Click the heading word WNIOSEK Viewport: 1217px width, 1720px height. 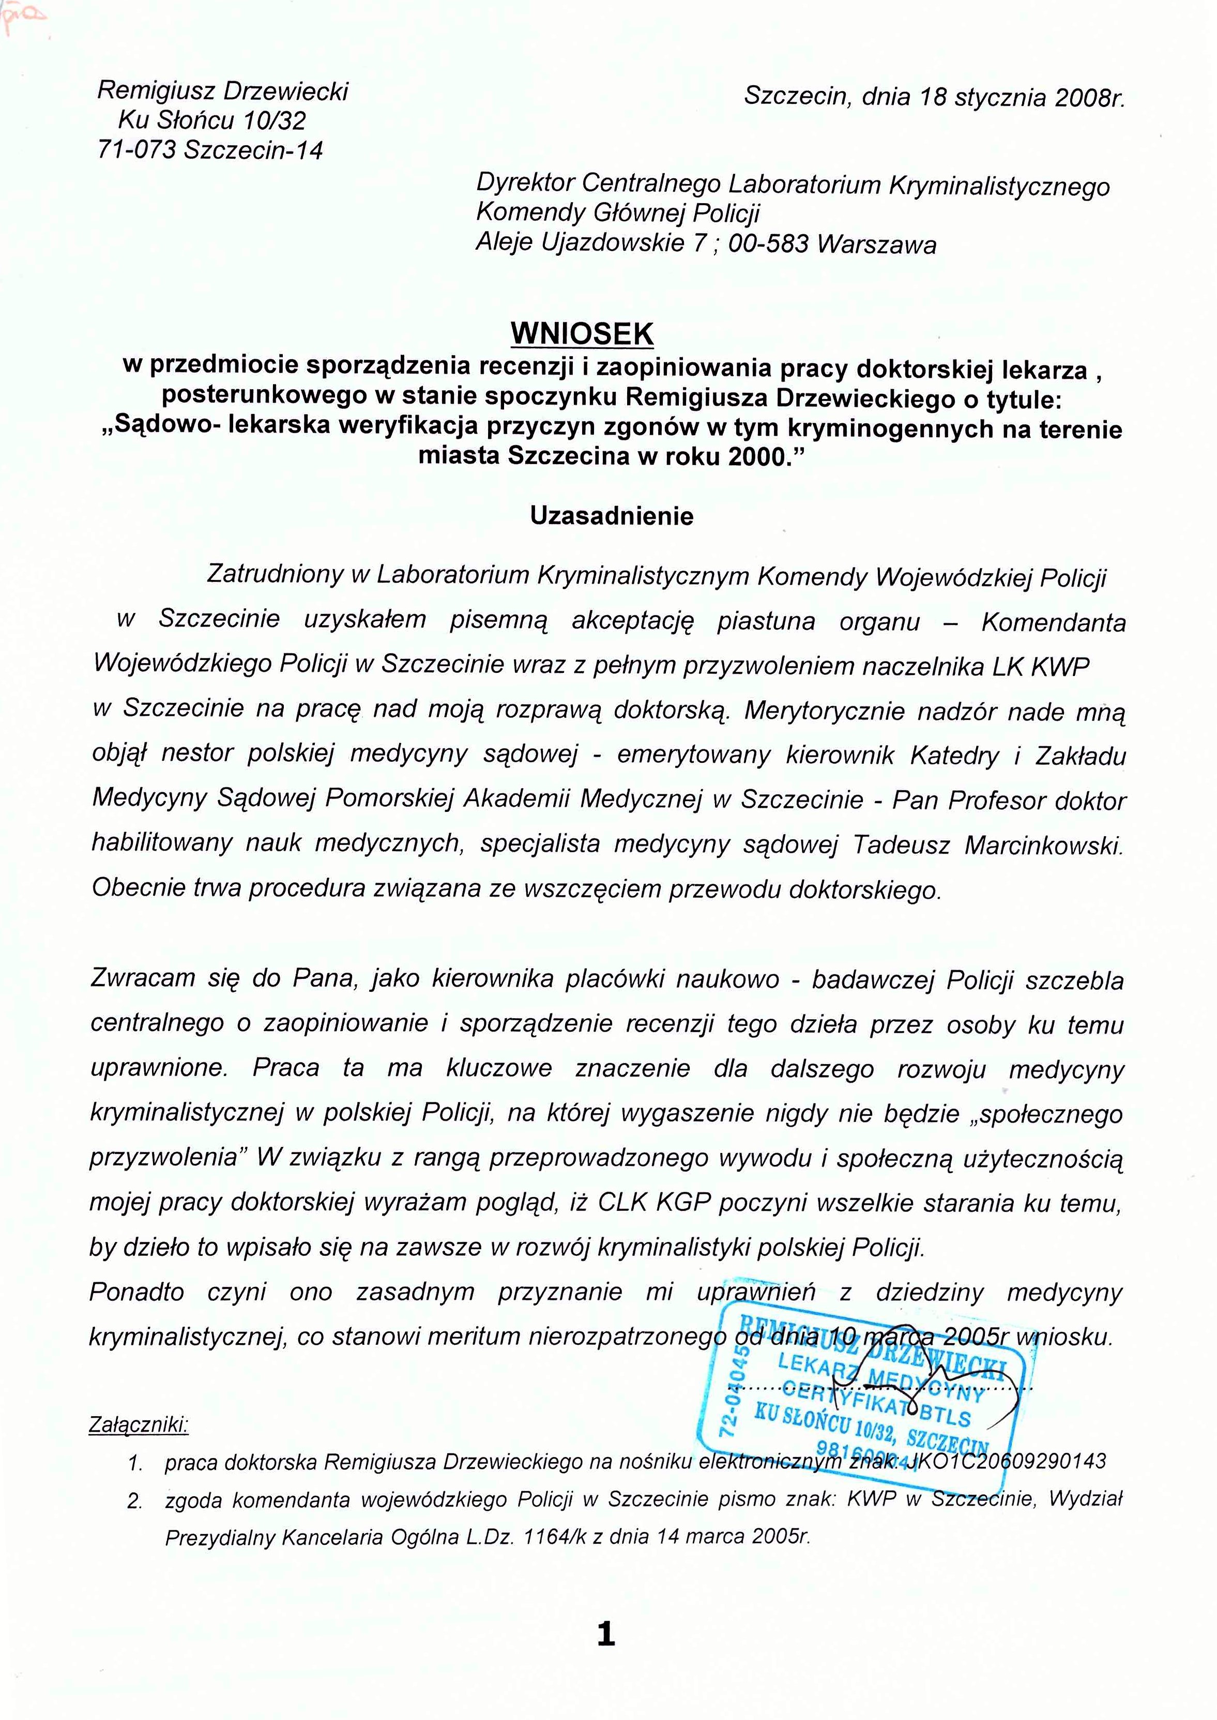tap(582, 334)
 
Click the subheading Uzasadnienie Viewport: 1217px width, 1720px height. tap(612, 516)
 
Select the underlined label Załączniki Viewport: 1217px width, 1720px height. tap(139, 1423)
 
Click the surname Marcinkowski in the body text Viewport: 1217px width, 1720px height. tap(1044, 846)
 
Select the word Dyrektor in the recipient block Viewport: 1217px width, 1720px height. tap(525, 183)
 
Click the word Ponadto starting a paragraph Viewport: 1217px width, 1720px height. tap(136, 1292)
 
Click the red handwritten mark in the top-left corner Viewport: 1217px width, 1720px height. tap(22, 18)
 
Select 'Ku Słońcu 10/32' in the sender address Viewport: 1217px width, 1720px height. tap(212, 120)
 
